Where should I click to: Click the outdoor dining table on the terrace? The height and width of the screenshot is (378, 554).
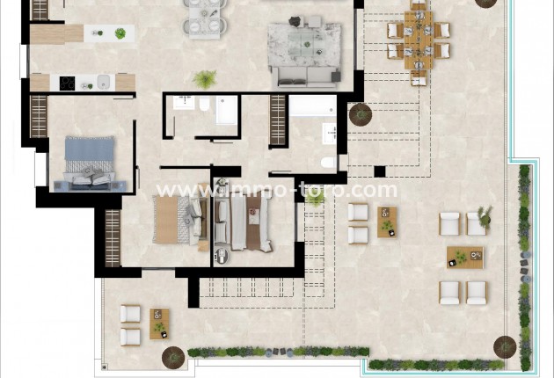[419, 41]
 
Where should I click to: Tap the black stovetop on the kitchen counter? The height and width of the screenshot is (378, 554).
[68, 83]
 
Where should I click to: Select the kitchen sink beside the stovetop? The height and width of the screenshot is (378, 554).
[102, 82]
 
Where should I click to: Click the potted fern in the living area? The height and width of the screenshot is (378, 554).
[205, 80]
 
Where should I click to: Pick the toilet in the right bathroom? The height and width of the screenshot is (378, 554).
[326, 162]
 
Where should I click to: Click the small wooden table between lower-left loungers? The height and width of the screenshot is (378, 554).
[159, 322]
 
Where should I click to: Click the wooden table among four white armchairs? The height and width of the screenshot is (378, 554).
[463, 258]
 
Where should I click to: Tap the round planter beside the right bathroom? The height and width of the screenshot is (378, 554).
[360, 114]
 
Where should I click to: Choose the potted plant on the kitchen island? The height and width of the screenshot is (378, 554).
[120, 34]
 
